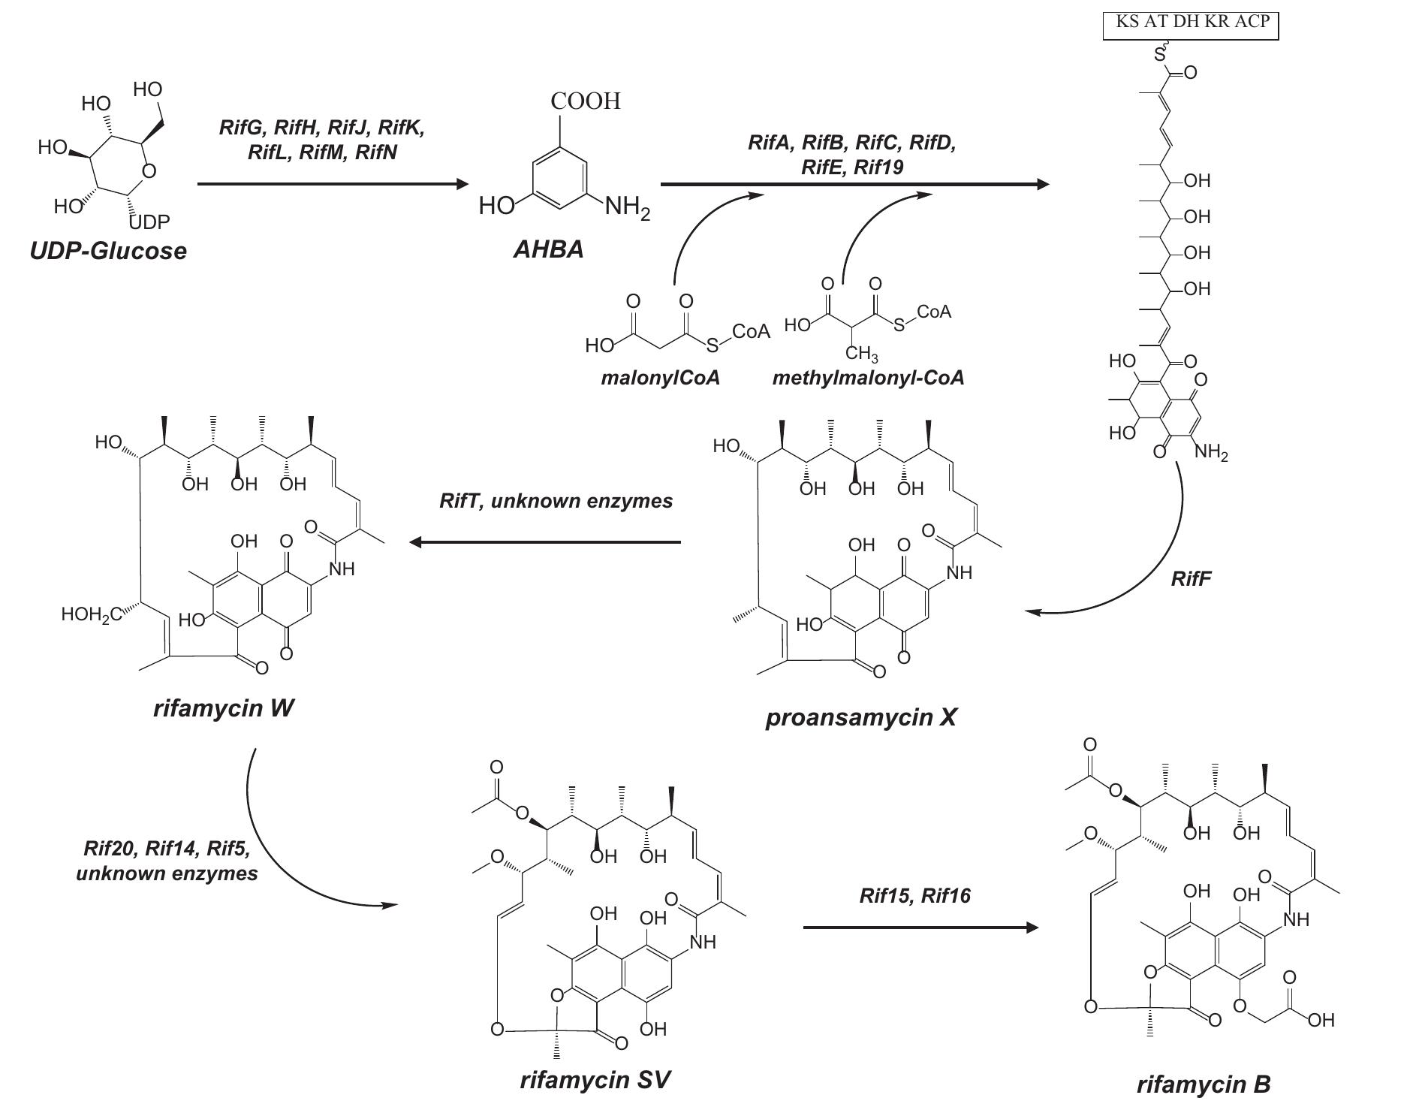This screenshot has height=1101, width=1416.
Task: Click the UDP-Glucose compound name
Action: [108, 250]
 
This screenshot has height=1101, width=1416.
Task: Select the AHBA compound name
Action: [548, 249]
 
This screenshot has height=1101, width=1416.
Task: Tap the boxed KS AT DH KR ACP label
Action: [1191, 23]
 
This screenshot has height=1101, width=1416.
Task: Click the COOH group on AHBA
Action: [586, 101]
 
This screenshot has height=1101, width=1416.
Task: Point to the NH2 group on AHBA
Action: [627, 207]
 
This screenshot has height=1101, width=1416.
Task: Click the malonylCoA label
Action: [660, 378]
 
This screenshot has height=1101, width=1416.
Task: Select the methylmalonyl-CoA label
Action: [868, 378]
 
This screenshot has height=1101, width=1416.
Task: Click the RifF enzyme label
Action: [1191, 578]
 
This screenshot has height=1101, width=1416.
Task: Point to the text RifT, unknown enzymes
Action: [556, 501]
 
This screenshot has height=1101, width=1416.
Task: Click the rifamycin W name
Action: [224, 707]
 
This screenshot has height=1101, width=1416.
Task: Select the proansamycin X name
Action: [861, 717]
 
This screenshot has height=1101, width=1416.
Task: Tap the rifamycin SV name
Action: [595, 1080]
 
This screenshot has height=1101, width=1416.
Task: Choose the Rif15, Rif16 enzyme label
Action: [914, 895]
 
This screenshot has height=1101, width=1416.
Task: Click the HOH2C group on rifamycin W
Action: [90, 615]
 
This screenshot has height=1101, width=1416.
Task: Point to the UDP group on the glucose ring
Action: [149, 222]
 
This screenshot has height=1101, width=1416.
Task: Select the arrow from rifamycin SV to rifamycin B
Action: [920, 928]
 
